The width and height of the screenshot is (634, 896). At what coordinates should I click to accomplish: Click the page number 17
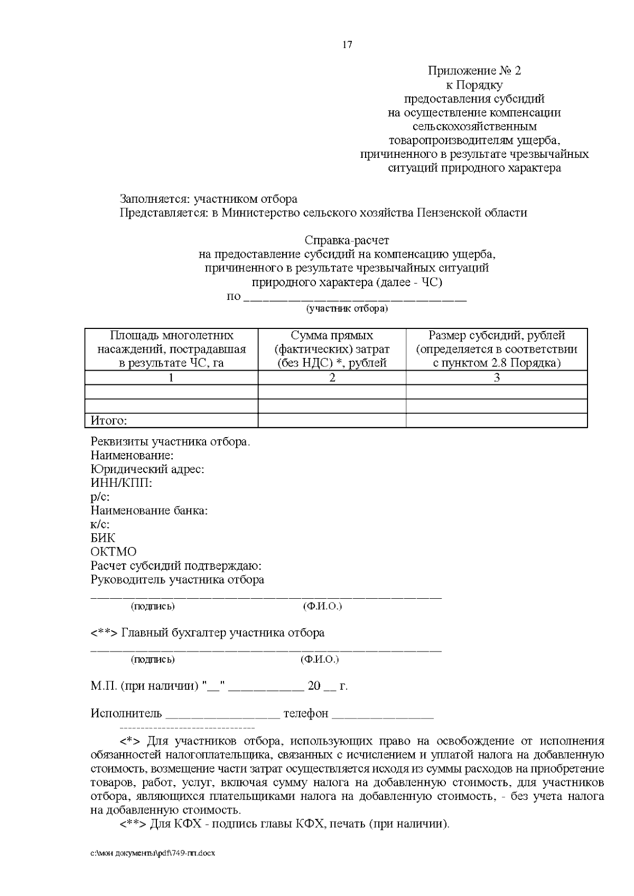click(x=347, y=45)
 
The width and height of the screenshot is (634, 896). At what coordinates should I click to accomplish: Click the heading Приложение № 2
click(x=474, y=71)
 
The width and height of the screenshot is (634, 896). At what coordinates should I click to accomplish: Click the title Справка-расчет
click(x=347, y=241)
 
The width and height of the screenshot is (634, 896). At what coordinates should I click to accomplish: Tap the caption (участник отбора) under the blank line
click(x=347, y=308)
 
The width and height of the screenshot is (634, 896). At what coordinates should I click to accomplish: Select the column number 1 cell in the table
click(x=171, y=378)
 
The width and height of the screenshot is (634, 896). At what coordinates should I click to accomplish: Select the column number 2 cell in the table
click(x=332, y=378)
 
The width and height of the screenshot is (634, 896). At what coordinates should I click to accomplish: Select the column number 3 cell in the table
click(x=497, y=378)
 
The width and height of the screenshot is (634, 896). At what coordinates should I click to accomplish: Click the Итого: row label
click(x=109, y=421)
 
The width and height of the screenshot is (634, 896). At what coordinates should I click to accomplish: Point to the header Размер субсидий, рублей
click(x=497, y=335)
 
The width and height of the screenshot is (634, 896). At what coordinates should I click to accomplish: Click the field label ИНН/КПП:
click(x=121, y=483)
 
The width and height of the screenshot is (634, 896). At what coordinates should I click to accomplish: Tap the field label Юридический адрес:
click(x=147, y=469)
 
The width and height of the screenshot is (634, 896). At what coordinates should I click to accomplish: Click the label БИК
click(x=102, y=539)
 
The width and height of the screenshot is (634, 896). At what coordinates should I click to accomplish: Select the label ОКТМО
click(x=114, y=552)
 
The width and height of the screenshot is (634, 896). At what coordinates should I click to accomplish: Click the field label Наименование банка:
click(x=149, y=511)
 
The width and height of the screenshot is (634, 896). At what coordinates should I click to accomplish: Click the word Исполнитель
click(x=126, y=714)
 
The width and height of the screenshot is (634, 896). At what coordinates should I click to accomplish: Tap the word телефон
click(x=306, y=714)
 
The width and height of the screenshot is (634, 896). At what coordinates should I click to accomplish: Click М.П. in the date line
click(x=104, y=686)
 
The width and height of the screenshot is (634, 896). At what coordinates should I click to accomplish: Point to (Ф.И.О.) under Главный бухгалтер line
click(x=319, y=659)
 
